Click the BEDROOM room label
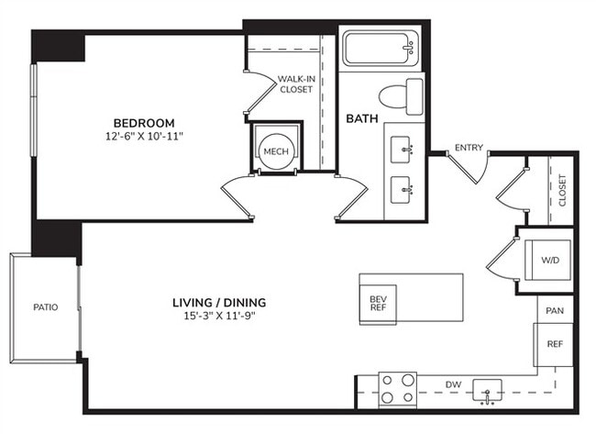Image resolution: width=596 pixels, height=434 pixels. [143, 122]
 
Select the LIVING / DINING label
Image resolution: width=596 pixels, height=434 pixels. [214, 302]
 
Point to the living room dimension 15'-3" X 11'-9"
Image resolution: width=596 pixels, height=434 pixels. [214, 317]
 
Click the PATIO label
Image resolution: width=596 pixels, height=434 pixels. [44, 307]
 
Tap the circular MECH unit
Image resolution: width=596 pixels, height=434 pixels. [277, 150]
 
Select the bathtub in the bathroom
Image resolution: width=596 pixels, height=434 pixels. [381, 48]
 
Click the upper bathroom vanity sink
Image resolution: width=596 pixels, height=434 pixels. [404, 146]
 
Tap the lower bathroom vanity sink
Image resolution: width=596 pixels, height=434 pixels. [404, 190]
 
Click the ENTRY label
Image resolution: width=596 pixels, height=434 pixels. [468, 148]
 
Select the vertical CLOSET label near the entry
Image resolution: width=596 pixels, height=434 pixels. [562, 191]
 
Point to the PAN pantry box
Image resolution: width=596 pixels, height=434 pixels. [555, 311]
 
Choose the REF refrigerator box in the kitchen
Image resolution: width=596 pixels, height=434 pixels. [555, 345]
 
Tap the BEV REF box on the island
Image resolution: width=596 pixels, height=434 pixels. [377, 304]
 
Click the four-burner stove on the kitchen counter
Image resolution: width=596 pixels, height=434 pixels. [398, 388]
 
